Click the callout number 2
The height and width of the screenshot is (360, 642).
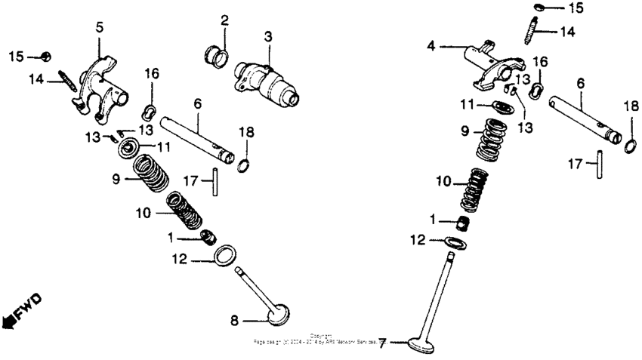point(224,19)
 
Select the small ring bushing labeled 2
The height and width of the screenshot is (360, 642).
point(215,54)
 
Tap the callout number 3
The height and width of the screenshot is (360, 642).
point(267,36)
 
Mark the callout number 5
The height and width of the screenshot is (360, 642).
point(99,27)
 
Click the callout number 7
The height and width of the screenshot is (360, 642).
point(382,343)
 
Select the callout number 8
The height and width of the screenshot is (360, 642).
point(234,321)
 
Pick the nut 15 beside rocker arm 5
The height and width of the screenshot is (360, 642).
point(46,57)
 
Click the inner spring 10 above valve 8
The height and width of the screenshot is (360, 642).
point(184,209)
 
